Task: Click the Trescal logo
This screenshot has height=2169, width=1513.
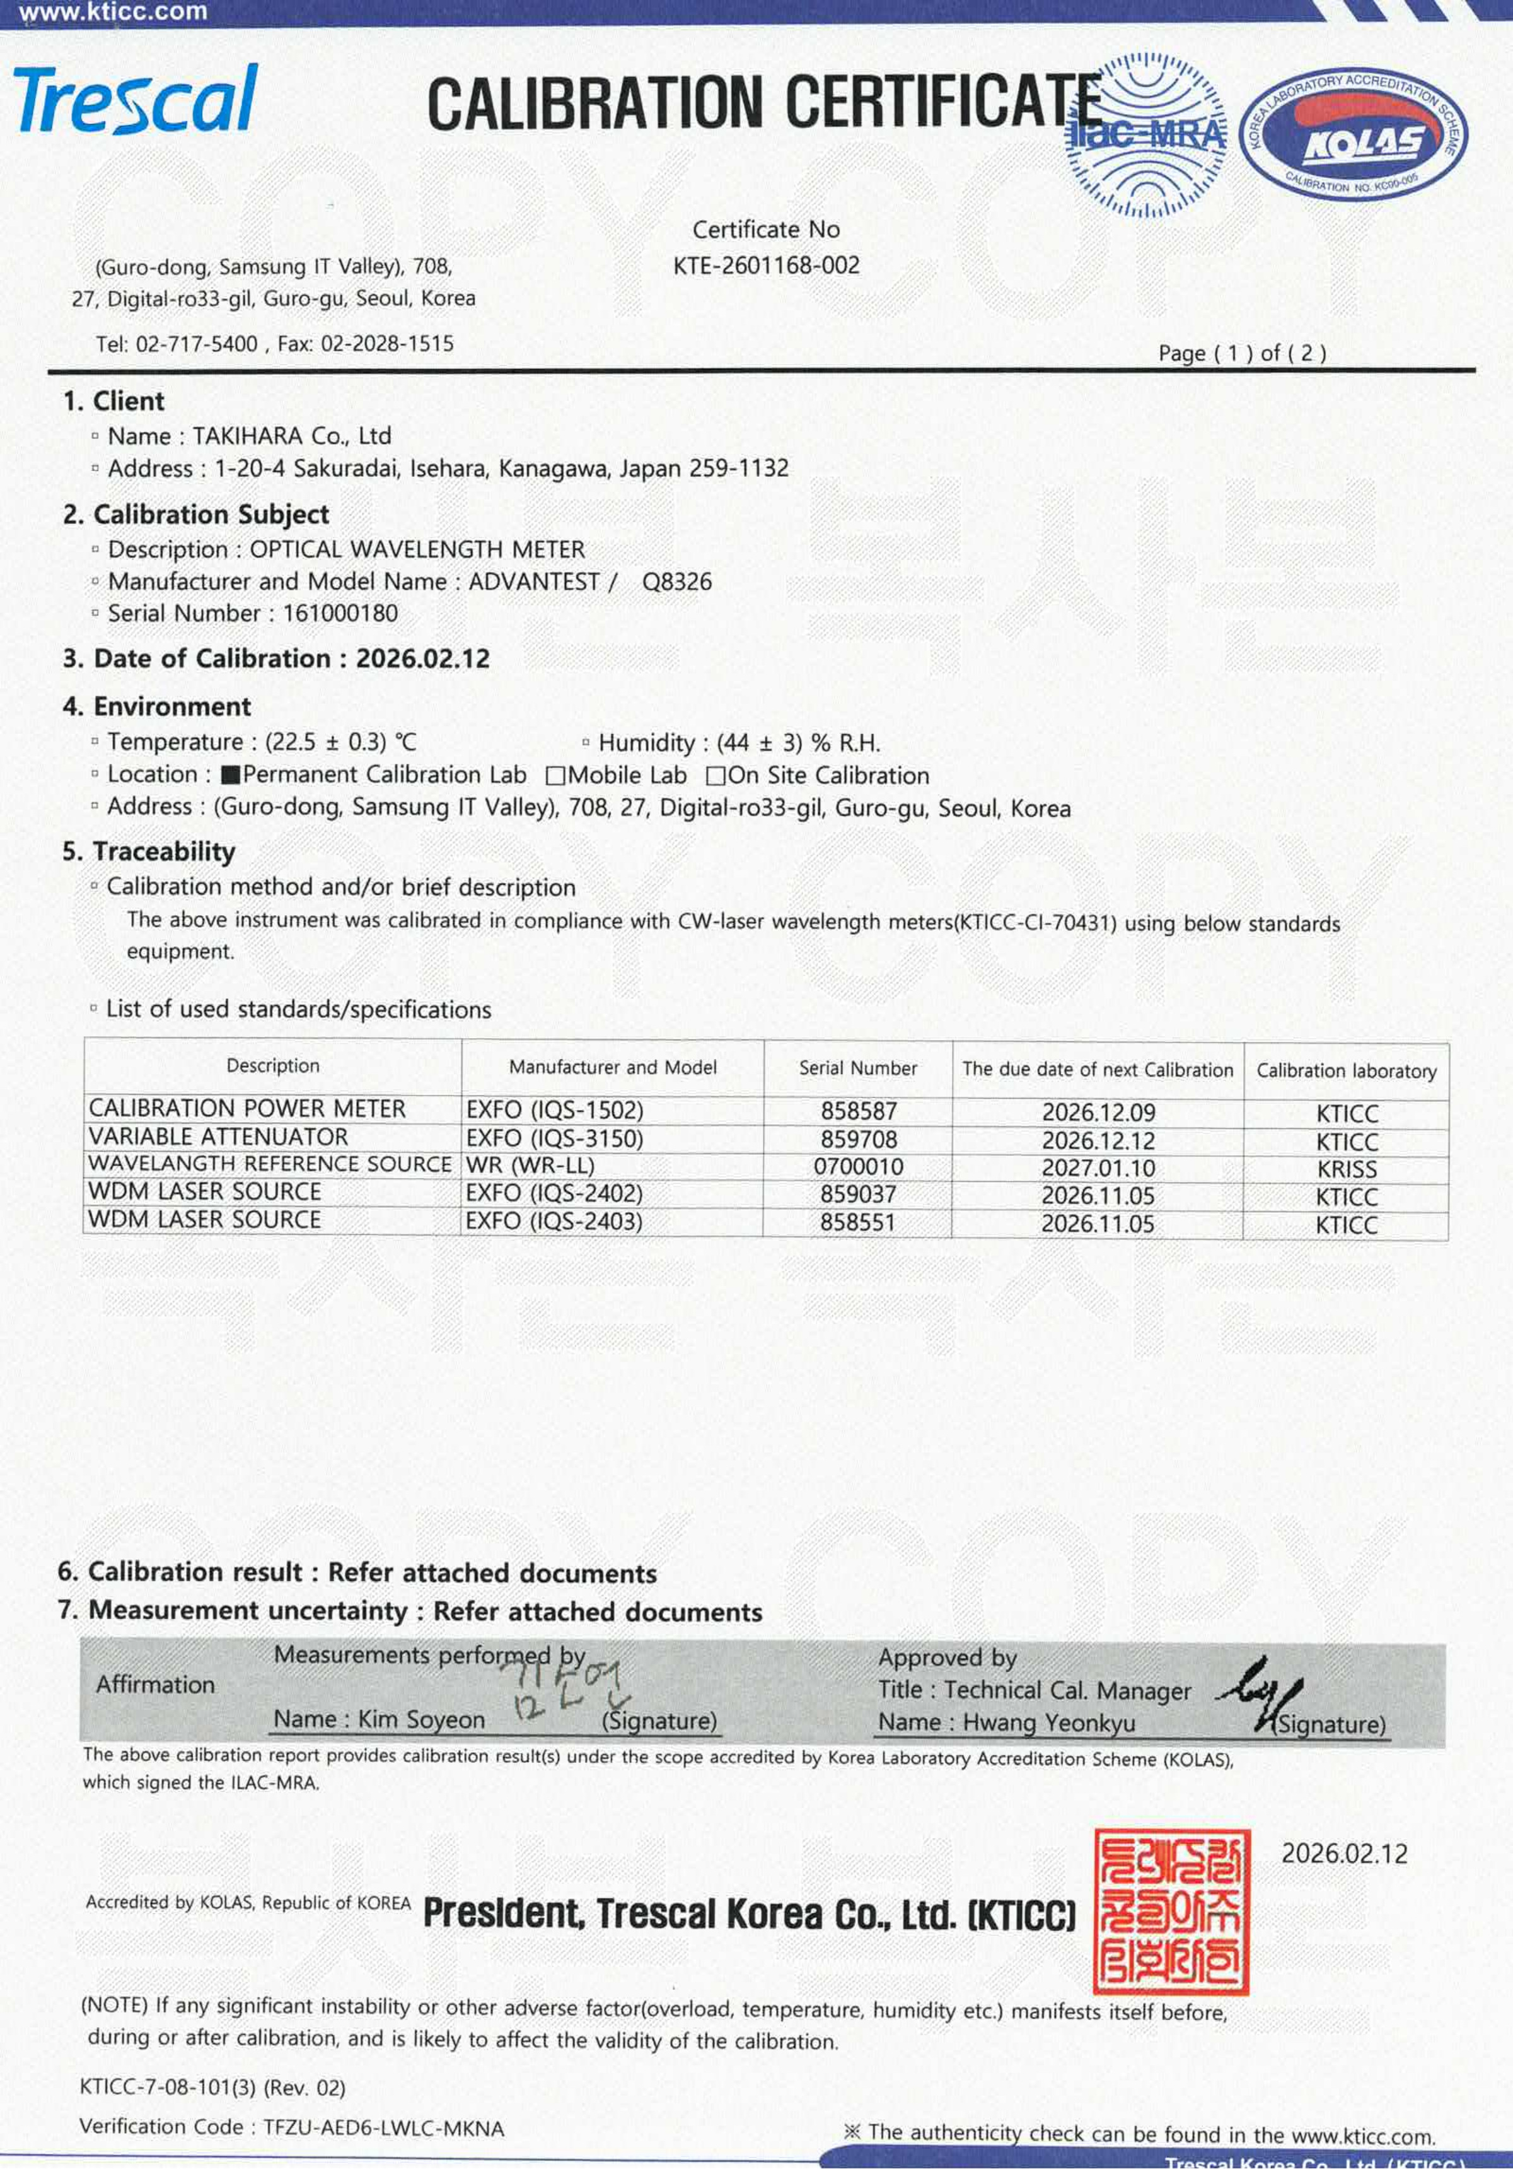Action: tap(135, 99)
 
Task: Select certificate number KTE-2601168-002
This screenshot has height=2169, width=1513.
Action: tap(766, 266)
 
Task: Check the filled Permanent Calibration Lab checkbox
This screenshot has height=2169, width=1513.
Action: tap(229, 776)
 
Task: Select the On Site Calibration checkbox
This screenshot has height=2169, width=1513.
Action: tap(715, 776)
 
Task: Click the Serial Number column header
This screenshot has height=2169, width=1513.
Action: tap(857, 1068)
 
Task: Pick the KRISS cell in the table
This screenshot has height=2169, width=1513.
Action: tap(1347, 1169)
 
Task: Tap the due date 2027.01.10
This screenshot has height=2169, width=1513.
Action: tap(1098, 1169)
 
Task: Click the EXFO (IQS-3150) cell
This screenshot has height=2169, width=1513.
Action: tap(554, 1139)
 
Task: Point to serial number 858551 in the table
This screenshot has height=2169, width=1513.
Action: tap(857, 1222)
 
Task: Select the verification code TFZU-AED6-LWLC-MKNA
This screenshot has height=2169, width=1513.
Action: tap(383, 2127)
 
